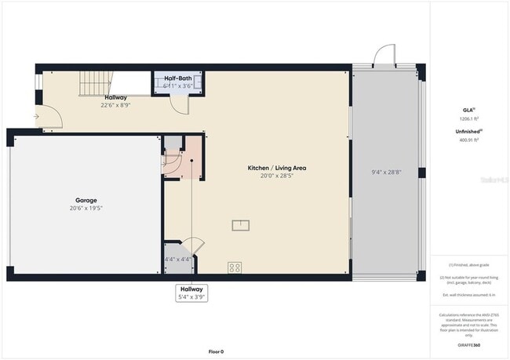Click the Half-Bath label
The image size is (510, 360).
(179, 78)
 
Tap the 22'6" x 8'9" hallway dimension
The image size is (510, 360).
(115, 104)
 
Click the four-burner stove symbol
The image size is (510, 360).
(235, 267)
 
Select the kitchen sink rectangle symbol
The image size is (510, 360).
(240, 226)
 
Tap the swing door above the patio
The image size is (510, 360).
(382, 56)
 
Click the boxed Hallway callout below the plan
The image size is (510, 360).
(191, 293)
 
